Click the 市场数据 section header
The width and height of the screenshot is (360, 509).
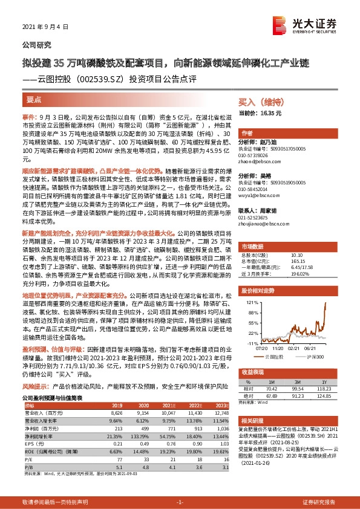253,246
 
